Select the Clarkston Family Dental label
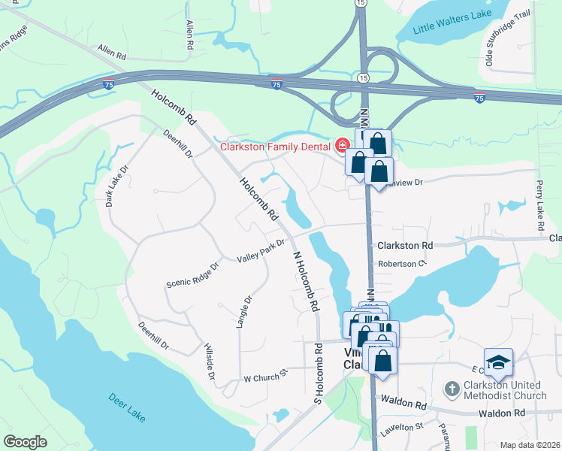coord(276,146)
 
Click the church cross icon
coord(452,389)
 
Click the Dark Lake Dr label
coord(113,186)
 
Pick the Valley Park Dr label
coord(261,250)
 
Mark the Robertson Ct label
coord(402,264)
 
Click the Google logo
coord(26,441)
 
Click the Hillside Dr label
coord(210,362)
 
